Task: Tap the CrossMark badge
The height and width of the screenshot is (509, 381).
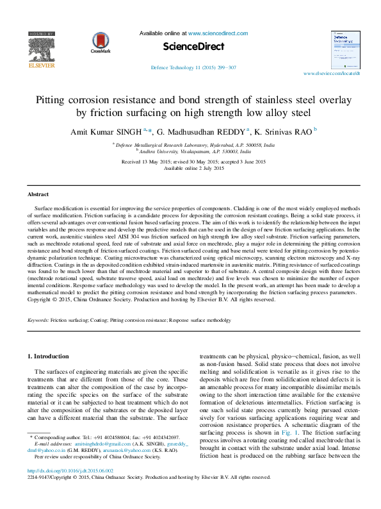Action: coord(101,42)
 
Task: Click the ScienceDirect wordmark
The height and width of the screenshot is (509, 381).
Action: coord(193,47)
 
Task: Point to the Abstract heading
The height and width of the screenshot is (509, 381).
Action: coord(38,194)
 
